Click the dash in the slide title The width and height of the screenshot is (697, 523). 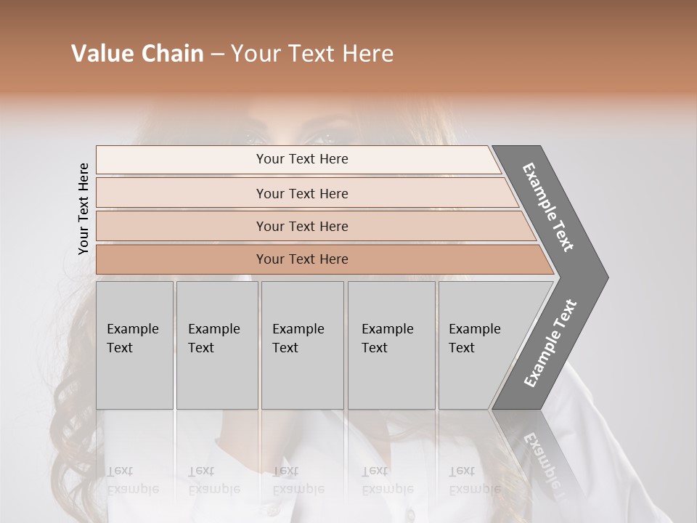point(217,54)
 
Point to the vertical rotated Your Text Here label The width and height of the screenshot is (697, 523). point(83,208)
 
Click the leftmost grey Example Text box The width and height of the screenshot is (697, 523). point(134,345)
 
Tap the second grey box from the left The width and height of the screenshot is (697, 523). point(217,345)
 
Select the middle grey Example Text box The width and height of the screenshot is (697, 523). point(302,345)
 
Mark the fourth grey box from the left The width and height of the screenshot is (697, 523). point(391,345)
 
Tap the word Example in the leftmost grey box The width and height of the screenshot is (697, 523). point(132,329)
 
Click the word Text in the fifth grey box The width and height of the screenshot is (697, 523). point(462,348)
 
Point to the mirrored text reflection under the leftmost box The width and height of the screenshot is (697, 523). point(132,479)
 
